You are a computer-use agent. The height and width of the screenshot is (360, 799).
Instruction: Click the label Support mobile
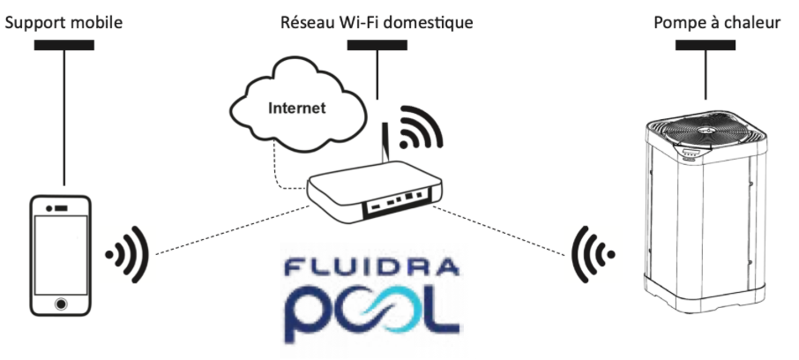click(x=63, y=20)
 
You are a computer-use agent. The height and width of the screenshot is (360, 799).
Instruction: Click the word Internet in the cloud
click(x=297, y=109)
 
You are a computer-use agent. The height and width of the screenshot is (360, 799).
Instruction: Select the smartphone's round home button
click(x=60, y=303)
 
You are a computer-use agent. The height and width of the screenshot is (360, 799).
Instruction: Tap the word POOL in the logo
click(x=371, y=310)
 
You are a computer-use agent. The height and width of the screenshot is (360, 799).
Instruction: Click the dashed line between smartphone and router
click(x=229, y=229)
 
